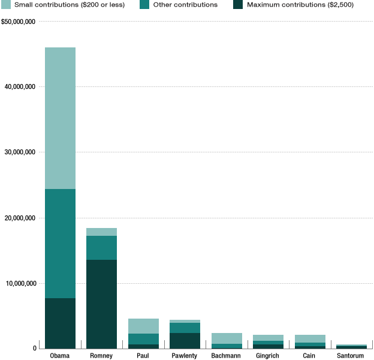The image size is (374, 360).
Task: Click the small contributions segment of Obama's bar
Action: [60, 118]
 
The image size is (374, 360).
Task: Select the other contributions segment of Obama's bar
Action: [60, 244]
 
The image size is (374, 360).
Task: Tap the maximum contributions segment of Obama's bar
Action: [60, 323]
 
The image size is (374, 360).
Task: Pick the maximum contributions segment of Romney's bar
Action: [101, 304]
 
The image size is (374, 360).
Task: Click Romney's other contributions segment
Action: [101, 248]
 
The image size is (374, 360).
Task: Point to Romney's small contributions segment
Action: [101, 232]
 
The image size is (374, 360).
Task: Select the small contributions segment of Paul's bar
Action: [143, 326]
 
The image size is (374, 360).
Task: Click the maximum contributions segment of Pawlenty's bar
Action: [185, 341]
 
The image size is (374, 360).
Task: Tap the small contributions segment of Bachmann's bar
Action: [227, 338]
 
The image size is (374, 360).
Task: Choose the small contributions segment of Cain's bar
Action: [310, 338]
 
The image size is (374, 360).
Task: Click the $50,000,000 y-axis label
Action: [19, 22]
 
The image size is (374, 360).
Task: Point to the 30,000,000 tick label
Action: [22, 152]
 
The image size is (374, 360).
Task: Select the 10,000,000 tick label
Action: [22, 283]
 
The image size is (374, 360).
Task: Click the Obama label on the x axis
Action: [60, 356]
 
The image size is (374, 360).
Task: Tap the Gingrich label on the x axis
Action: [268, 356]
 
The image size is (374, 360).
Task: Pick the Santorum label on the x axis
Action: [351, 356]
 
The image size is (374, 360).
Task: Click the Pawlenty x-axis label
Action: [185, 356]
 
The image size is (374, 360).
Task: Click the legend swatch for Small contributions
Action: [6, 5]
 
